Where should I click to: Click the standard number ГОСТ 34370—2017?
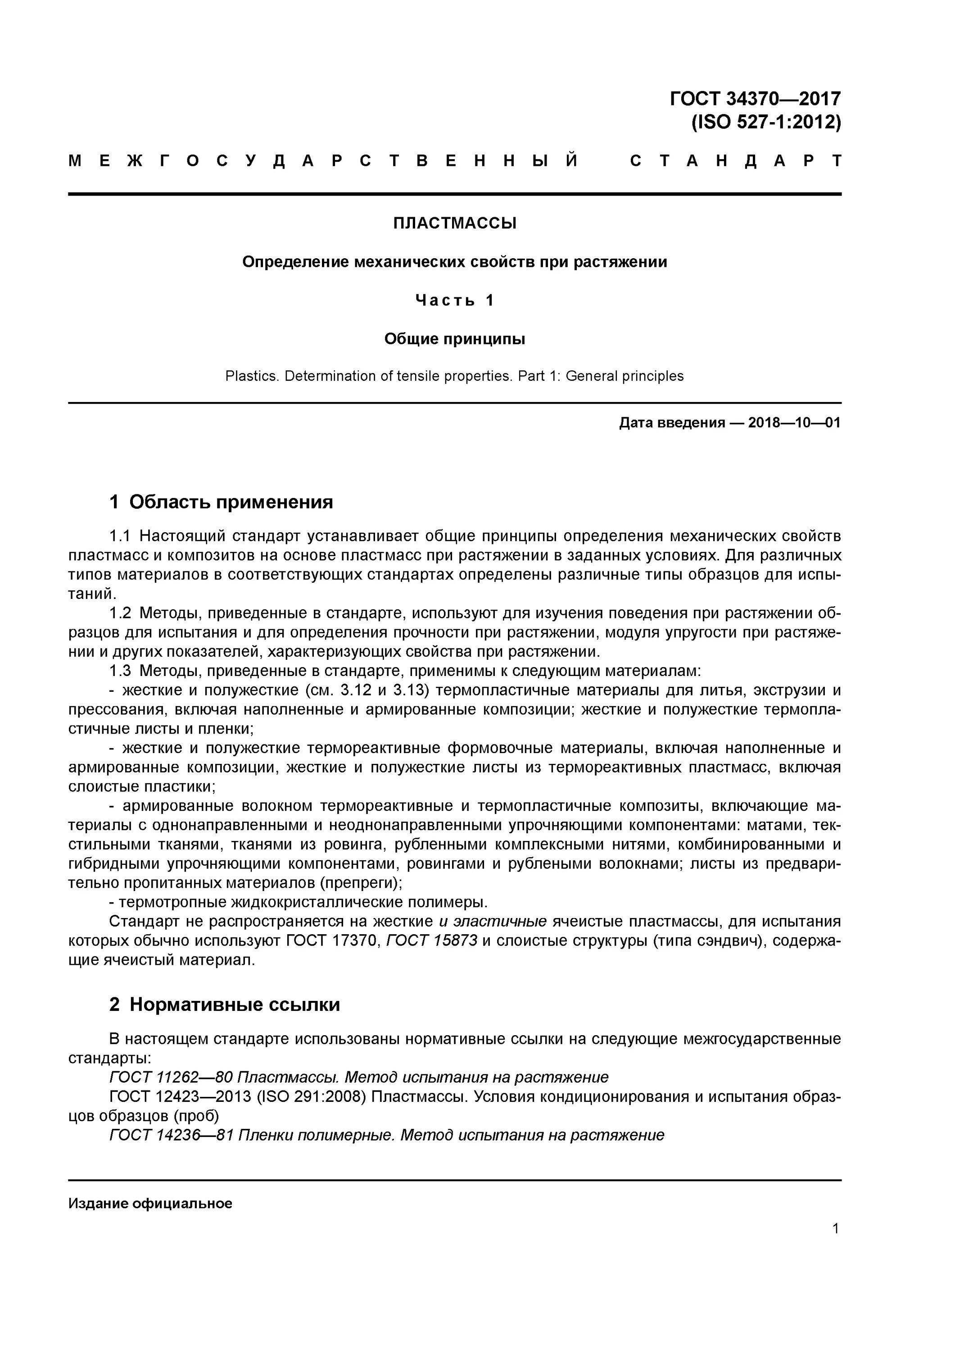point(755,98)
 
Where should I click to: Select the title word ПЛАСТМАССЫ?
point(454,223)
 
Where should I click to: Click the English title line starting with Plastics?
point(454,376)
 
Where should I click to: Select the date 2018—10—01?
point(794,423)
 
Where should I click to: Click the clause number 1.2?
point(120,613)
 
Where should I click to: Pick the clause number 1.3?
point(120,671)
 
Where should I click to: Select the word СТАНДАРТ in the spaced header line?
point(736,161)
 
